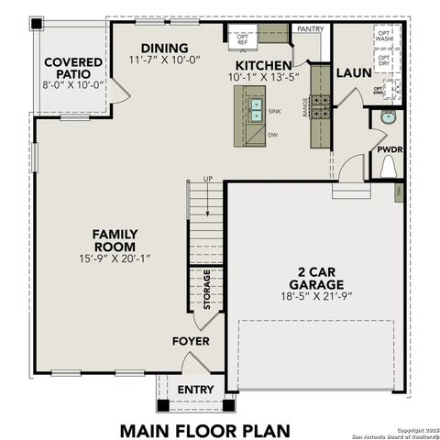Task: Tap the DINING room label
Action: pyautogui.click(x=165, y=48)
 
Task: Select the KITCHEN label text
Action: pyautogui.click(x=264, y=66)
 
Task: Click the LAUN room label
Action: pyautogui.click(x=352, y=71)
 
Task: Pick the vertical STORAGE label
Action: pyautogui.click(x=207, y=290)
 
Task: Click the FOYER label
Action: pyautogui.click(x=191, y=342)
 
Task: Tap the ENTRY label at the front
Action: pyautogui.click(x=195, y=390)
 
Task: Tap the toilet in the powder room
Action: pyautogui.click(x=388, y=168)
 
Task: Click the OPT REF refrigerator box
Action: pyautogui.click(x=243, y=38)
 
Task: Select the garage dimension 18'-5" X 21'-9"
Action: pyautogui.click(x=314, y=296)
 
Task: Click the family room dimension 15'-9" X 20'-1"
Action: pyautogui.click(x=115, y=259)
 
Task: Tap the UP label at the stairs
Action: pyautogui.click(x=207, y=179)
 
